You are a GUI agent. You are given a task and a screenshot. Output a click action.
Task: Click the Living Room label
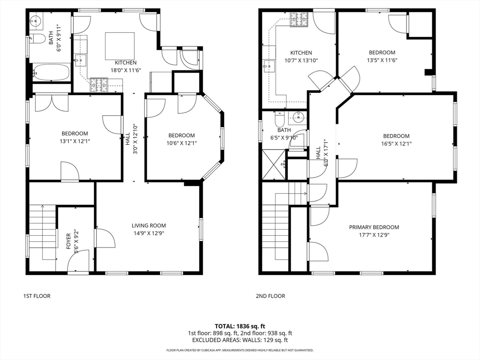[149, 225]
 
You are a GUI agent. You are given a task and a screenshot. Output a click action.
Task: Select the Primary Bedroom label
[374, 227]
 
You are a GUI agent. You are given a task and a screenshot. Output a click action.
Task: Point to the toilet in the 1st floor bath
[37, 39]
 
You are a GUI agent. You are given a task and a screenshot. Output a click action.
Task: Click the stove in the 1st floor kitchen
[99, 85]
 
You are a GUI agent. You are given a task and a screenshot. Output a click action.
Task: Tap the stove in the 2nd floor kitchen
[299, 19]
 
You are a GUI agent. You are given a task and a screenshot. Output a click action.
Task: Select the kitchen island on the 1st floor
[120, 46]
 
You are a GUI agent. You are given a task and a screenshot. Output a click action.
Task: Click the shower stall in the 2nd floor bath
[274, 165]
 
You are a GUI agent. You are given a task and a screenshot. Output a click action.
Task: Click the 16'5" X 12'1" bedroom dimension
[396, 143]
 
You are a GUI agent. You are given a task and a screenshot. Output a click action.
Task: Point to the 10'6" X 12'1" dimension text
[181, 143]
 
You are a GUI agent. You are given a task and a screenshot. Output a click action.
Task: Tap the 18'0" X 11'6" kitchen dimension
[126, 70]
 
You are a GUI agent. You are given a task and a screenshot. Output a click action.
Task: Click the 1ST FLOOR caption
[37, 296]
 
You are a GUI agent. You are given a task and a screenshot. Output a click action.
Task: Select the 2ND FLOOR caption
[270, 296]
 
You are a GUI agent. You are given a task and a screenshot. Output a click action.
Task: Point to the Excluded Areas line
[240, 340]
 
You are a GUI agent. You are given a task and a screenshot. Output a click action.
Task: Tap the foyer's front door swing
[78, 261]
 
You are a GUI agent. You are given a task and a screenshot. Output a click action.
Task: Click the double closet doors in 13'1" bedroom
[52, 103]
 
